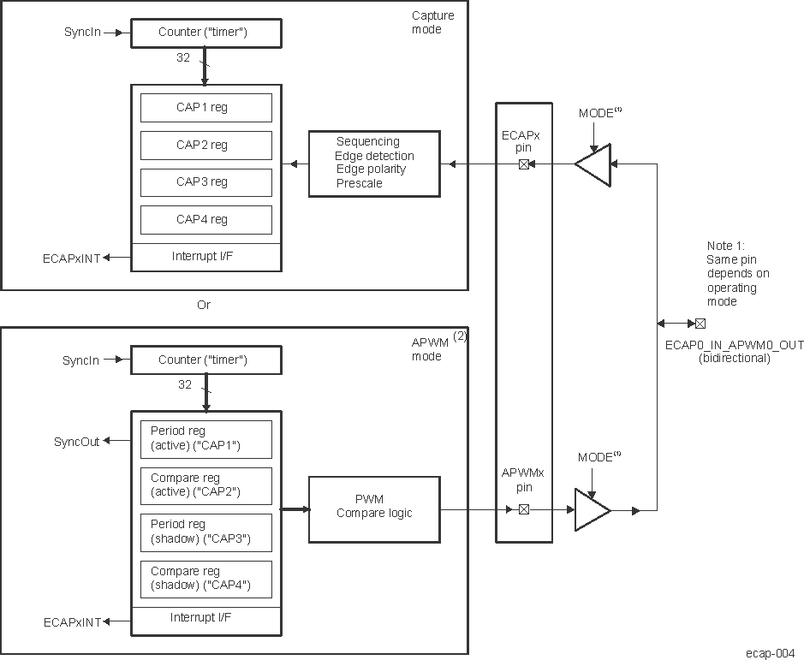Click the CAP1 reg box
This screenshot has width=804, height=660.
pos(205,108)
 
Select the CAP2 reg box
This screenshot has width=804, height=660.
pos(205,146)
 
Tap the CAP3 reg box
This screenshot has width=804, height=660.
pos(205,182)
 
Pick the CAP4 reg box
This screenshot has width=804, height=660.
pos(205,220)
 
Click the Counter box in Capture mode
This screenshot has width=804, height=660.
pos(205,33)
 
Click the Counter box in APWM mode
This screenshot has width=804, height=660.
pos(205,360)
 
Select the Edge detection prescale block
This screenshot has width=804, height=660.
pos(374,164)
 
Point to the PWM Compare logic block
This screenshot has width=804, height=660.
pos(374,509)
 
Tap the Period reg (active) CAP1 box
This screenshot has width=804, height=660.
pos(205,439)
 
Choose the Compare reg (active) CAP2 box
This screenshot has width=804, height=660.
pos(205,486)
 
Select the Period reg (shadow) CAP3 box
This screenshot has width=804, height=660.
pos(205,532)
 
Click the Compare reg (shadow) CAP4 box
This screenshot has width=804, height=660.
pos(205,580)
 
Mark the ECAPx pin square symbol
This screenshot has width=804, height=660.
pos(524,164)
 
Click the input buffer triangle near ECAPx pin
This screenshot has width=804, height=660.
pos(593,164)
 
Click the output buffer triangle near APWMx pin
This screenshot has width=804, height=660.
pos(592,510)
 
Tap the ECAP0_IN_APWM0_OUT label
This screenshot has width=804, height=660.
pos(734,345)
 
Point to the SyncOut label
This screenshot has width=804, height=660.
pos(77,442)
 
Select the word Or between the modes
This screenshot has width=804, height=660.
pos(203,306)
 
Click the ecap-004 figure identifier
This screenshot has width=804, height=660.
pos(770,652)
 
